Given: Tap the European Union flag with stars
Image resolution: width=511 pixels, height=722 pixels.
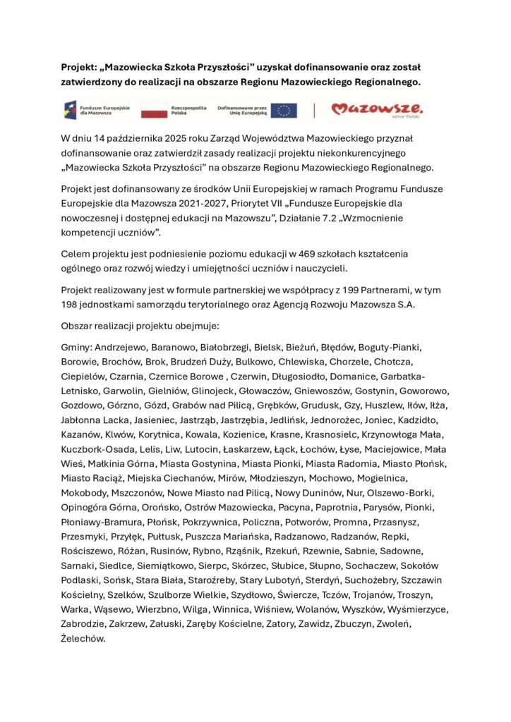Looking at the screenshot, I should click(284, 110).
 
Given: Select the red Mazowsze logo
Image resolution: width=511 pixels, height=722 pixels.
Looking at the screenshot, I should click(378, 109).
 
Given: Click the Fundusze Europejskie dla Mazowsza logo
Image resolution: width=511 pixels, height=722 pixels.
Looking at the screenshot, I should click(89, 110).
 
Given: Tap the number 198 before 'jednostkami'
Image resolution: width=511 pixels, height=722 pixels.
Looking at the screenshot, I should click(71, 305).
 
